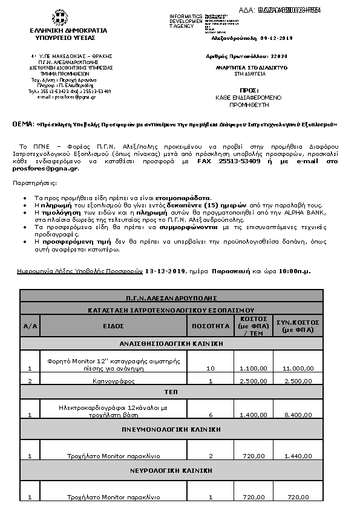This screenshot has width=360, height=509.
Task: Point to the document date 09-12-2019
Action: [x=276, y=38]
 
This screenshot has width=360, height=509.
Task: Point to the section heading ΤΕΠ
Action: [x=171, y=392]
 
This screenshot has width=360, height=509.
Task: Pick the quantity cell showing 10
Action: [x=211, y=368]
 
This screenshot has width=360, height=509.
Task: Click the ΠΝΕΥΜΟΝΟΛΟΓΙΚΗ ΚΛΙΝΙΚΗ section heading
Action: [x=171, y=430]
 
